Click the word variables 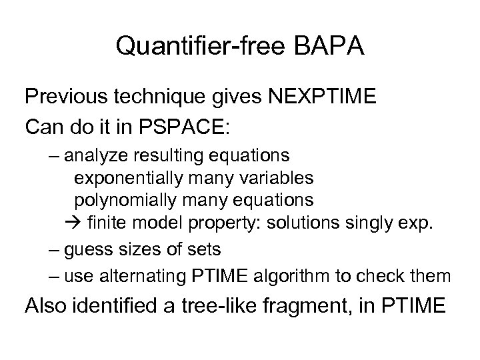tap(275, 178)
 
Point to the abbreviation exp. tap(417, 223)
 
